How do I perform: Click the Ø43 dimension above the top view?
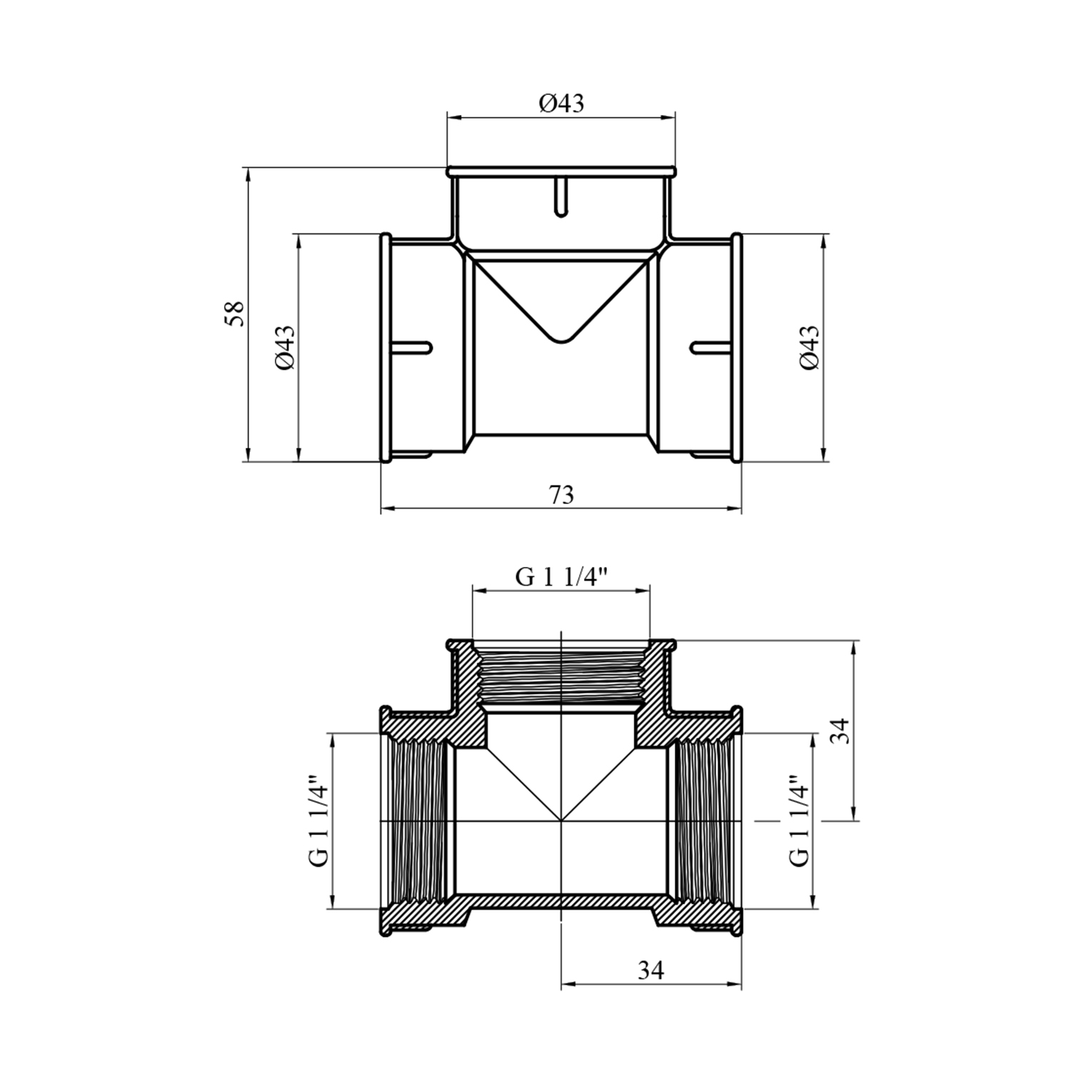561,104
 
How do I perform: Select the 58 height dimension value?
235,314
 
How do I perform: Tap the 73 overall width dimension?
561,494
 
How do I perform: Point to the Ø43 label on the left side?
283,348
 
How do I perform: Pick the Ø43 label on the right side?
810,348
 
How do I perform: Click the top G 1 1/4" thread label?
561,577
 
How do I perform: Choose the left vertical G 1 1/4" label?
319,821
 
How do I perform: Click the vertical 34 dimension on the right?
843,730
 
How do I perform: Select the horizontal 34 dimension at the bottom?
650,970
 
